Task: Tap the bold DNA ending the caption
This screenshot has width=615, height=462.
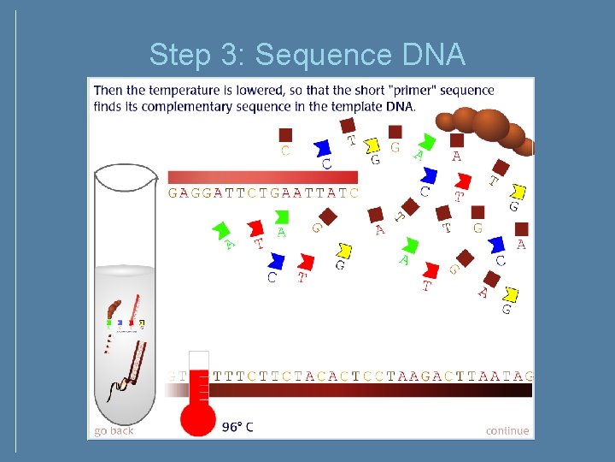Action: (400, 106)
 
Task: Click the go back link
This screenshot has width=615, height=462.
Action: (114, 430)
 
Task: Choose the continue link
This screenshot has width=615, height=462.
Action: (507, 430)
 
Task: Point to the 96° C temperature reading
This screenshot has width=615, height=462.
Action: (237, 426)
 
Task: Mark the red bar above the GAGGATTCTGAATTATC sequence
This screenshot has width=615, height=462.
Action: (262, 176)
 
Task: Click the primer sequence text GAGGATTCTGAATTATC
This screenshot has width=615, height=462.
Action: (263, 192)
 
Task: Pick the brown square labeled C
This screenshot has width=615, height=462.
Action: (285, 135)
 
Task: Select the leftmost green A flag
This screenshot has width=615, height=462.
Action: (222, 229)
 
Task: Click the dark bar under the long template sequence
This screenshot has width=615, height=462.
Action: (359, 390)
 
